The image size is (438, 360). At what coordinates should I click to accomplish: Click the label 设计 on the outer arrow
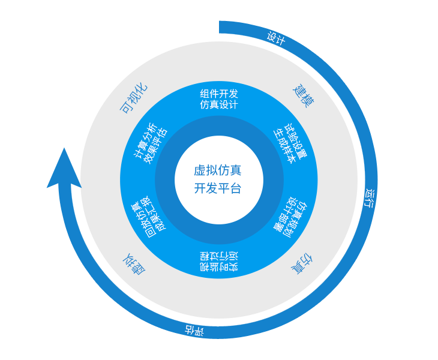tap(275, 37)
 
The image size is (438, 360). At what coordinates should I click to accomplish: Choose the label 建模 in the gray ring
tap(303, 96)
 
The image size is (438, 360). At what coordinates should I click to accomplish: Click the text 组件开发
tap(219, 94)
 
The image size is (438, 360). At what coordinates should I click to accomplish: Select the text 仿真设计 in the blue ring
tap(219, 105)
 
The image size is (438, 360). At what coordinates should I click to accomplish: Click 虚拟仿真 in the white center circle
tap(218, 170)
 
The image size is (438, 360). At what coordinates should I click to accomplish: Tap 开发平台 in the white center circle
tap(218, 189)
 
